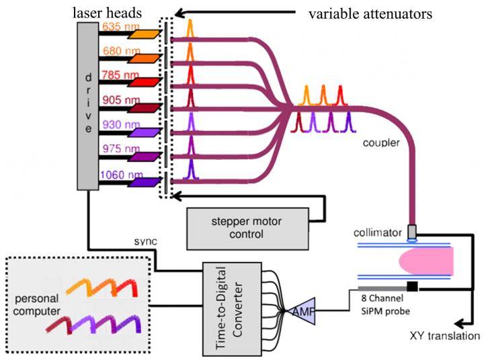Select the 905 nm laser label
pyautogui.click(x=116, y=99)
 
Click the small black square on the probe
pyautogui.click(x=411, y=287)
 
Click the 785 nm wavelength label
pyautogui.click(x=116, y=75)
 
